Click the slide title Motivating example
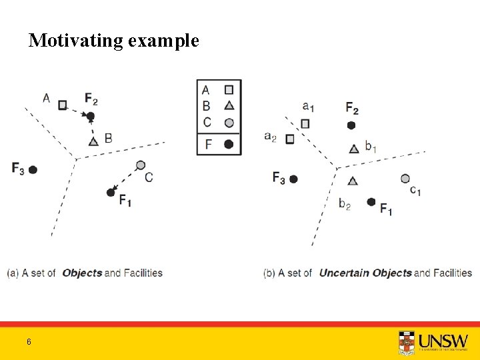(113, 41)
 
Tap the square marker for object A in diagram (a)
(63, 105)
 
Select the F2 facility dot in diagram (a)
(91, 116)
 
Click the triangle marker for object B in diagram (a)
(93, 141)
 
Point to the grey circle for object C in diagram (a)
(140, 165)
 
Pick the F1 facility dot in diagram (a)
(111, 193)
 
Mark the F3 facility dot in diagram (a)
(33, 169)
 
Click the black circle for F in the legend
(229, 144)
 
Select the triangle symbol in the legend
(229, 105)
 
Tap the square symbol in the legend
(229, 89)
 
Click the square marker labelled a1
(305, 123)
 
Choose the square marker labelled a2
(290, 139)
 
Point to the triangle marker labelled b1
(353, 149)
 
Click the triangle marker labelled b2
(353, 180)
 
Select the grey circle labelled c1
(405, 178)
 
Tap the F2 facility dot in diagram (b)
(351, 125)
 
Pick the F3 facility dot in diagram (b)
(293, 179)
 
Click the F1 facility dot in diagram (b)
(371, 202)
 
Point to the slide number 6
(29, 342)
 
